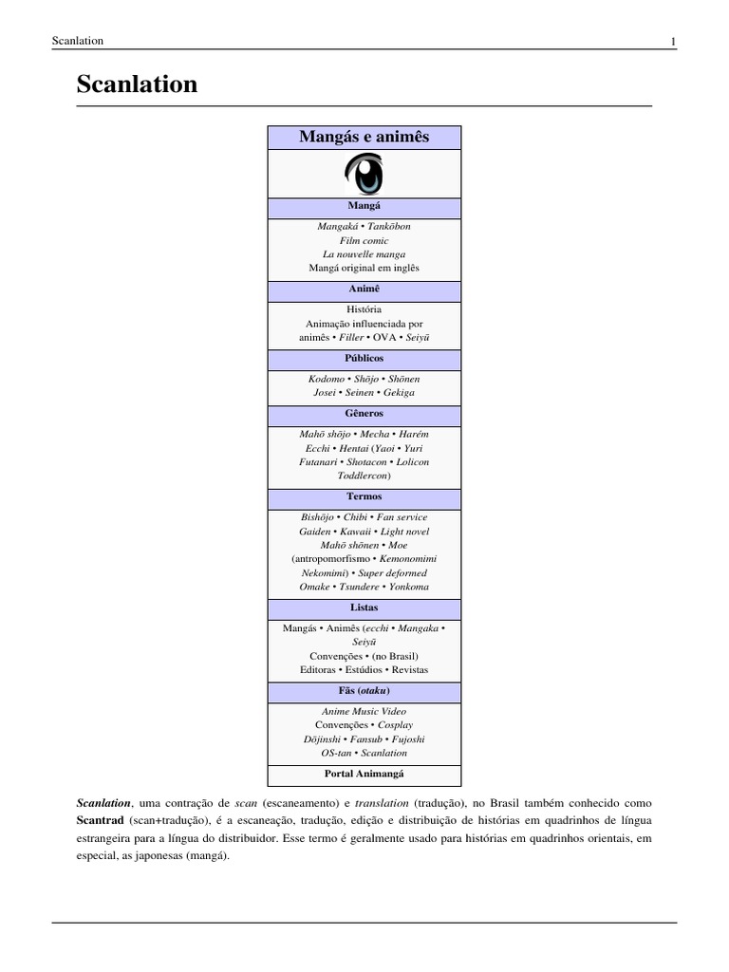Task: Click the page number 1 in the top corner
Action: tap(673, 41)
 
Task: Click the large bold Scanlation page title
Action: tap(137, 84)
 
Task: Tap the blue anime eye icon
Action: tap(364, 174)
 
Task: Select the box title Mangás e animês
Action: tap(364, 138)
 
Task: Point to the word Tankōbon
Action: tap(389, 228)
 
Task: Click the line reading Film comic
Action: tap(364, 241)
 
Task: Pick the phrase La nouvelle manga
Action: tap(364, 254)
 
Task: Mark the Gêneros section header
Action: tap(364, 414)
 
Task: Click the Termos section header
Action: tap(364, 496)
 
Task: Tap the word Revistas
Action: tap(410, 669)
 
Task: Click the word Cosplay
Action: tap(394, 725)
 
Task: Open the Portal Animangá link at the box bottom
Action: tap(364, 774)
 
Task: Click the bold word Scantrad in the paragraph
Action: tap(101, 819)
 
